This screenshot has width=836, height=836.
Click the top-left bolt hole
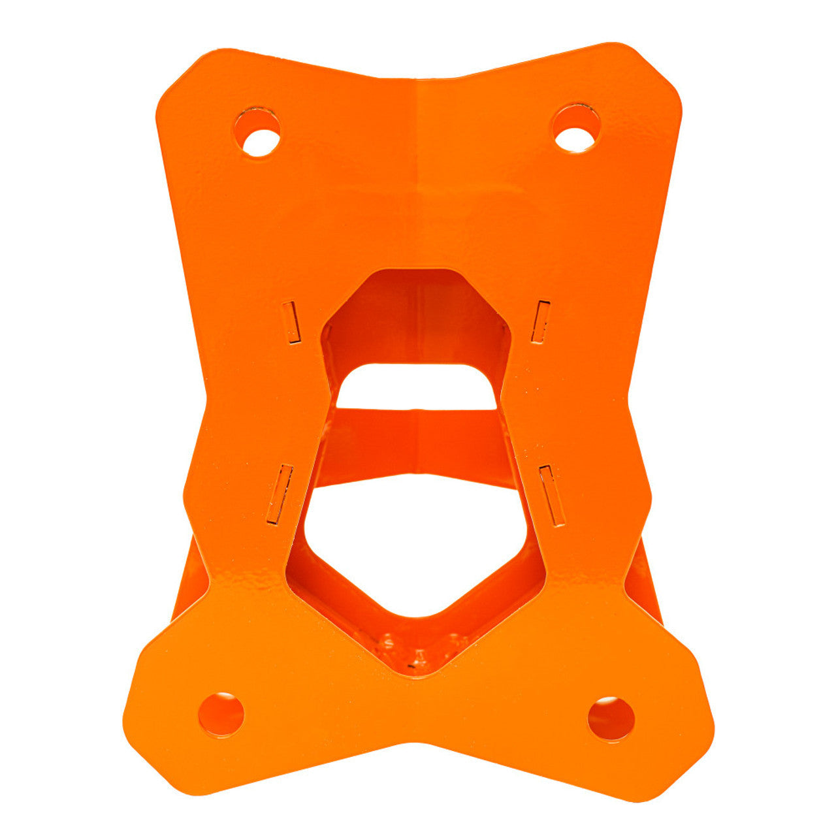258,133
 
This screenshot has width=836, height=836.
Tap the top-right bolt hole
575,129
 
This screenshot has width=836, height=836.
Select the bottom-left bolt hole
221,715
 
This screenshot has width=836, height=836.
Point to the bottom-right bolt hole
611,718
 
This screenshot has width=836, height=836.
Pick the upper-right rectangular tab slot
541,321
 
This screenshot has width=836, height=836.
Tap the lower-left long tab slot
280,494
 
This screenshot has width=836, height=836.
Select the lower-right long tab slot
550,495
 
